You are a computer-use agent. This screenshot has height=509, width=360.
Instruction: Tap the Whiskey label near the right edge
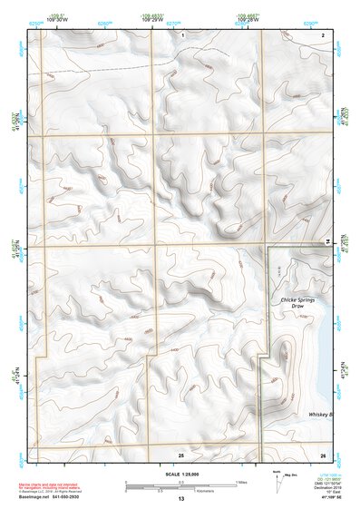coord(319,414)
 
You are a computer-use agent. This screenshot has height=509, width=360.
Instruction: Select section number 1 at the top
coord(182,34)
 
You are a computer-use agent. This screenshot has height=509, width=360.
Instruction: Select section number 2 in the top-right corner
coord(323,34)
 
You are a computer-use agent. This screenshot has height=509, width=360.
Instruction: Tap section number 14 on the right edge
coord(328,240)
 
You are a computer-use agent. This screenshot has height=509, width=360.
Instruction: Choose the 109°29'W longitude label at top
coord(150,19)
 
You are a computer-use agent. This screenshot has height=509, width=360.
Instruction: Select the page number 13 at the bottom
coord(180,500)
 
